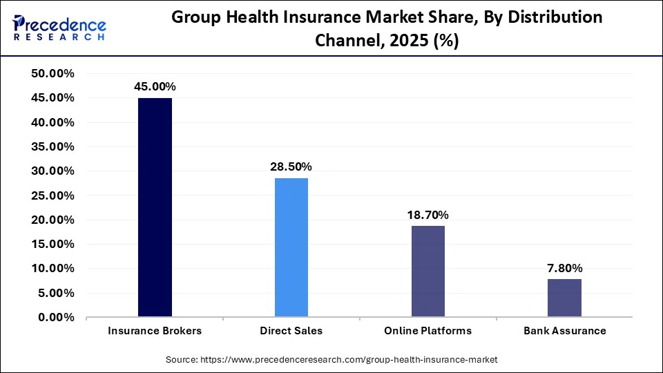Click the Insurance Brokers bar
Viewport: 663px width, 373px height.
[155, 207]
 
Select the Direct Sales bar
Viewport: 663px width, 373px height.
[291, 247]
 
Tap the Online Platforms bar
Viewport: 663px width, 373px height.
[428, 271]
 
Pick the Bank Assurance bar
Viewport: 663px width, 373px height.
[564, 298]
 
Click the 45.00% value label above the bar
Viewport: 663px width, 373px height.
[155, 86]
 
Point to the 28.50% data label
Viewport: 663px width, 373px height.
[291, 166]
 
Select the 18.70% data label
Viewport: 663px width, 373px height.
[428, 215]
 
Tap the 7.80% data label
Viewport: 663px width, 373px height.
[564, 267]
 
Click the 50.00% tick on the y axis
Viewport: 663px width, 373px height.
[53, 74]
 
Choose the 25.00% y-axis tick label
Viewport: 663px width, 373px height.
[53, 195]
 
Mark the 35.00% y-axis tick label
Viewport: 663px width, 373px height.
[53, 146]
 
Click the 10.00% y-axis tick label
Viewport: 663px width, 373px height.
[53, 269]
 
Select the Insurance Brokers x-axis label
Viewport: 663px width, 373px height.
[155, 331]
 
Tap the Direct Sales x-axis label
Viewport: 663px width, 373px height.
[291, 331]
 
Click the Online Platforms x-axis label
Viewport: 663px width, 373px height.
[428, 331]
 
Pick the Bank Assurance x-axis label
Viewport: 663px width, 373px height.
[564, 331]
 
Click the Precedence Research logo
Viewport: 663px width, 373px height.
[59, 28]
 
